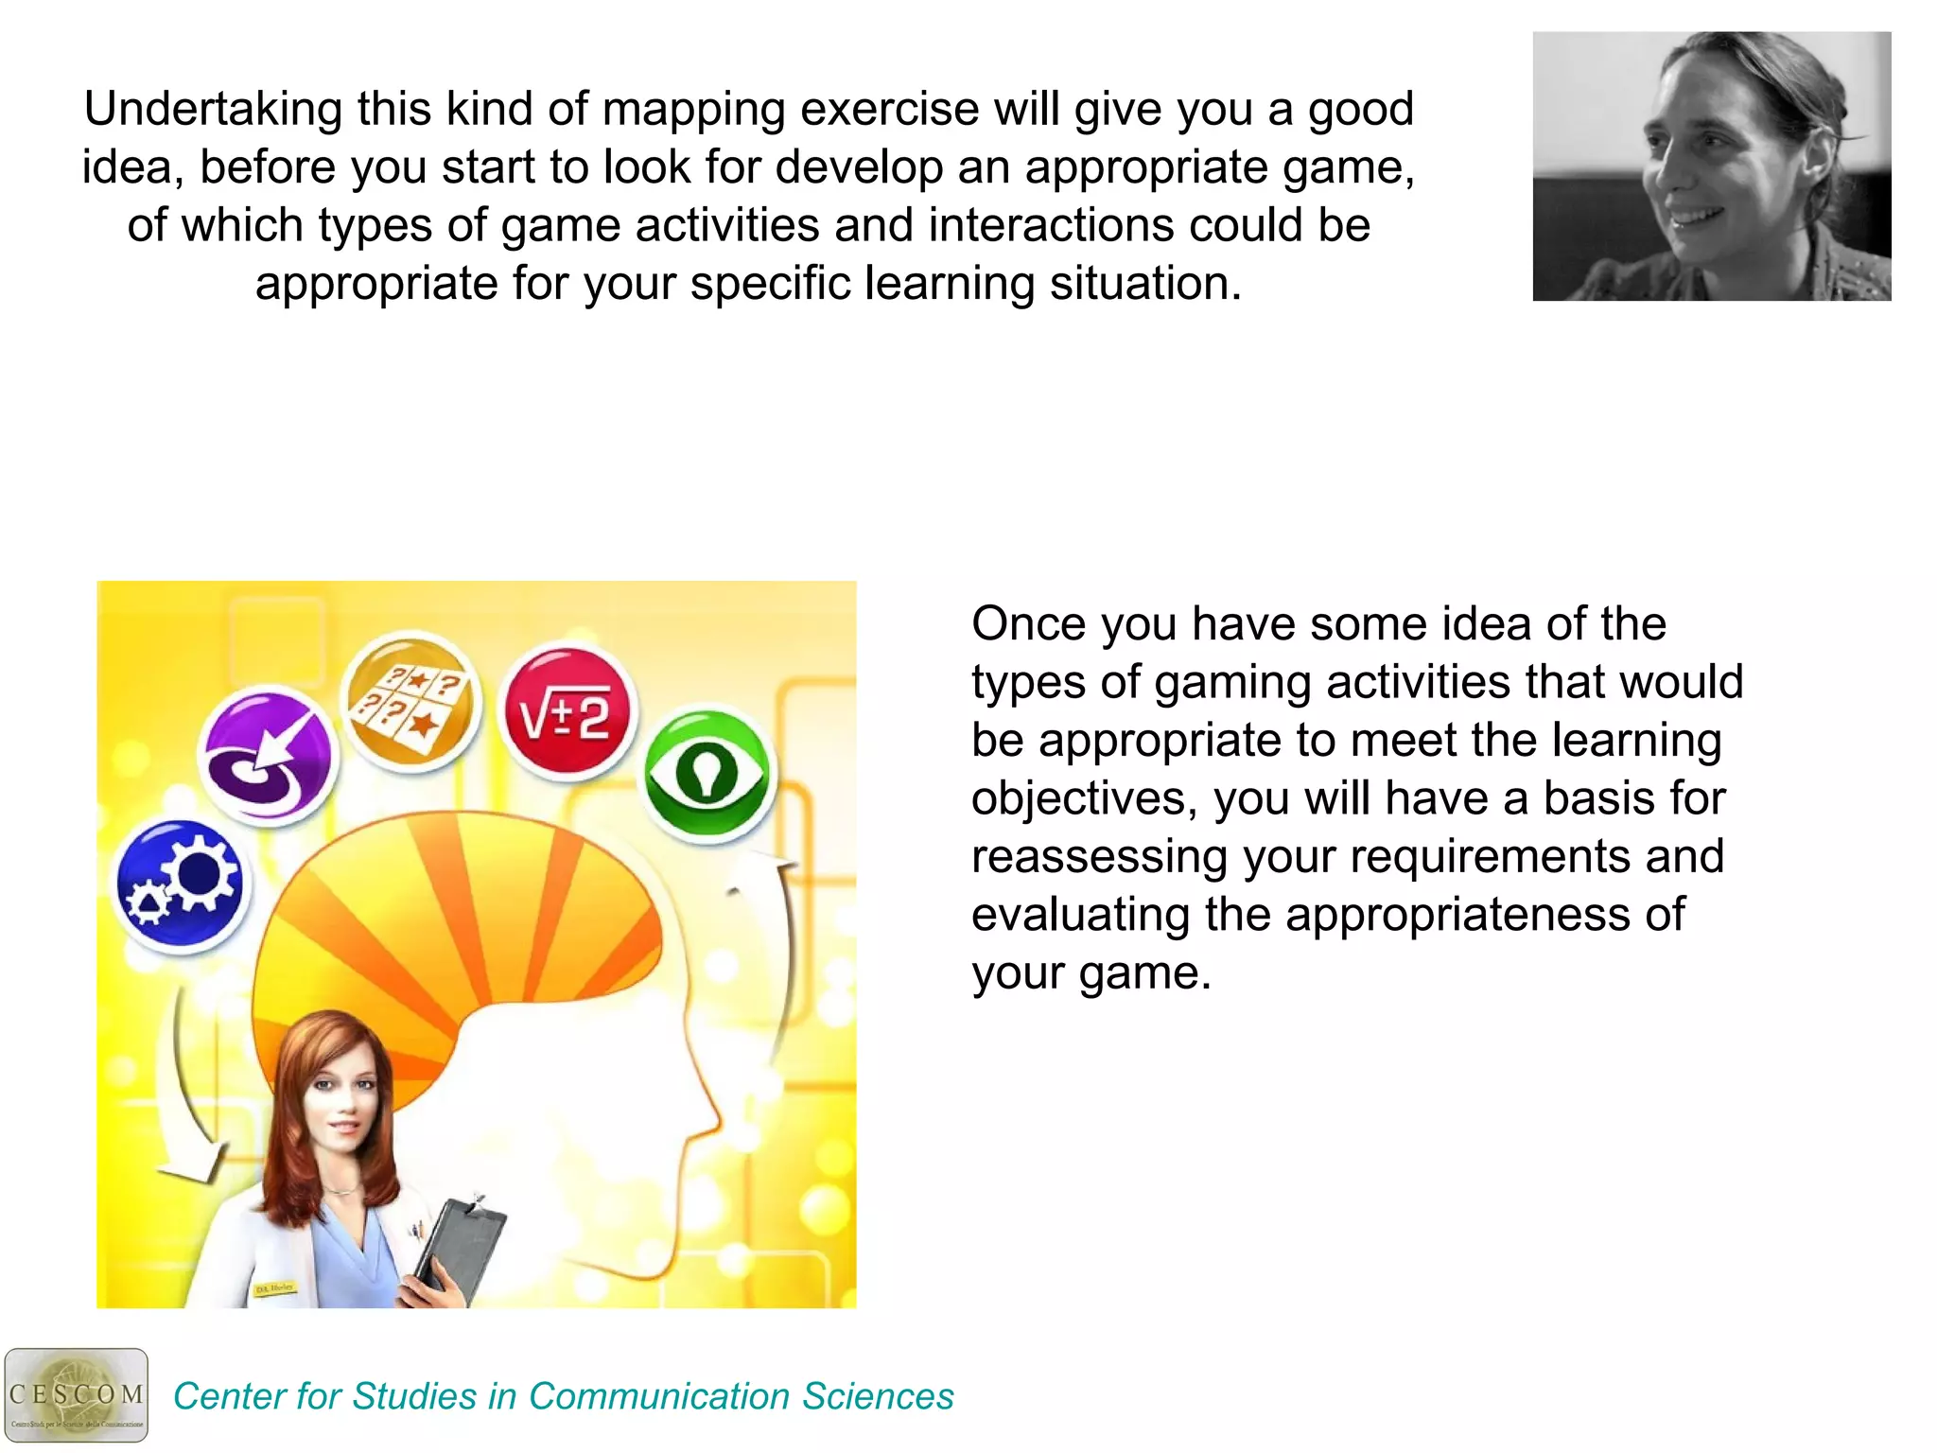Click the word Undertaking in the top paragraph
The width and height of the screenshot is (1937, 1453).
tap(213, 110)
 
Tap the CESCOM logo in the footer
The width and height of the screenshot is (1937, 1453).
tap(76, 1395)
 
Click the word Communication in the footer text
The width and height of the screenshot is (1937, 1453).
tap(658, 1397)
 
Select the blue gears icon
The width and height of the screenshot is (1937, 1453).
tap(180, 884)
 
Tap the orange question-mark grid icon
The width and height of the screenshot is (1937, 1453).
tap(410, 703)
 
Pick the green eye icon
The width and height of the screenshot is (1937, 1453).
tap(707, 773)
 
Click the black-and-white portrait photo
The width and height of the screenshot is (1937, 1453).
tap(1711, 166)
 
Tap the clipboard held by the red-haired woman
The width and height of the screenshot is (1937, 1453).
tap(461, 1249)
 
